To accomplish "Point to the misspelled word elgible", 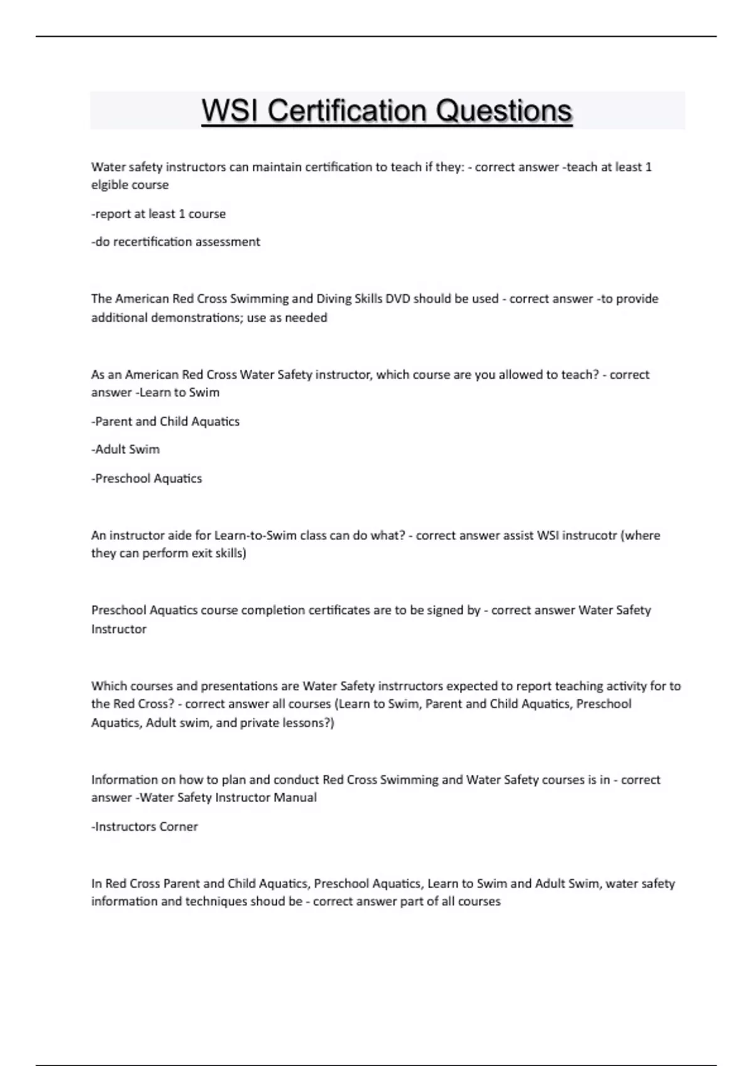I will click(x=110, y=185).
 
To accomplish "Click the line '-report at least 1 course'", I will click(x=159, y=214).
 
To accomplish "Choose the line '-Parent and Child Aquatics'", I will click(x=166, y=421).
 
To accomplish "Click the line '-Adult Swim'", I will click(x=125, y=450).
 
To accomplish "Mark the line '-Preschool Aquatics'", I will click(x=147, y=478).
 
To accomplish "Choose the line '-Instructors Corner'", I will click(x=145, y=826).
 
